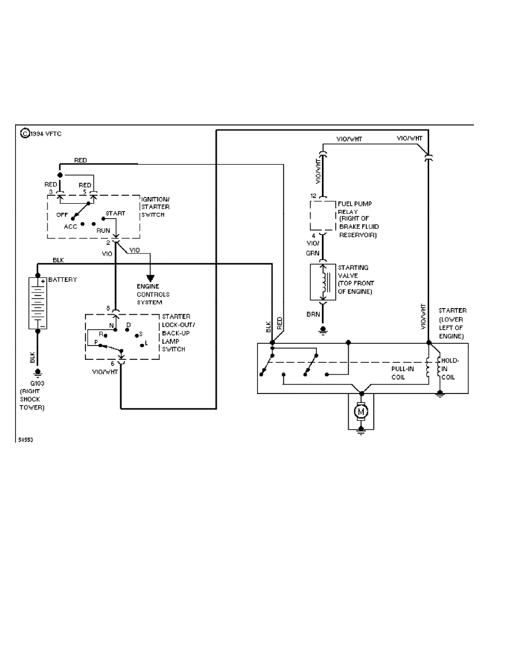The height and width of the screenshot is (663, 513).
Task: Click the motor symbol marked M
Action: pyautogui.click(x=361, y=412)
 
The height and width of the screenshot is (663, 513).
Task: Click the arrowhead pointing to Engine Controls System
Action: pyautogui.click(x=150, y=277)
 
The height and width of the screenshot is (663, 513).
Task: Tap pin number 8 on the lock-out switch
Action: pyautogui.click(x=108, y=308)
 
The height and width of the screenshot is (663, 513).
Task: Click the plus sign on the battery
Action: pyautogui.click(x=42, y=281)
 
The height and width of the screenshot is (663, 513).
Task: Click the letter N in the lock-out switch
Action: pyautogui.click(x=112, y=325)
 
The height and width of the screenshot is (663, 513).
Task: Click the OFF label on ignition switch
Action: pyautogui.click(x=61, y=214)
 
